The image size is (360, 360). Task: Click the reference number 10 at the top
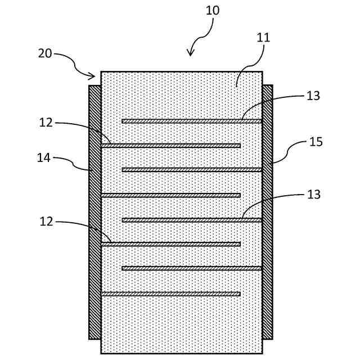coord(213,11)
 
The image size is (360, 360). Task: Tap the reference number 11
coord(263,38)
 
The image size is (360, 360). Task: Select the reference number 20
coord(45,53)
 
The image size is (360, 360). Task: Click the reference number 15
coord(316,142)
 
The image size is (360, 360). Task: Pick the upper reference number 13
coord(313,96)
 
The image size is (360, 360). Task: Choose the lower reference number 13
coord(313,195)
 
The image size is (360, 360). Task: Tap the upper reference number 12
coord(46,122)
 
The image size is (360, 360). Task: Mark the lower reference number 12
coord(46,222)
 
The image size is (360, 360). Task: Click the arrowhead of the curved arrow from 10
coord(190,53)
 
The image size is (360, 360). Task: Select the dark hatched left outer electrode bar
coord(94,212)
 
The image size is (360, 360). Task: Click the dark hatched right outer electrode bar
coord(267,212)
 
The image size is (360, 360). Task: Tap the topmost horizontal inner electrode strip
coord(192,121)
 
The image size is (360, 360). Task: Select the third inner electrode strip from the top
coord(192,170)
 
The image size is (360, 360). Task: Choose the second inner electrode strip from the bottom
coord(192,268)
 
